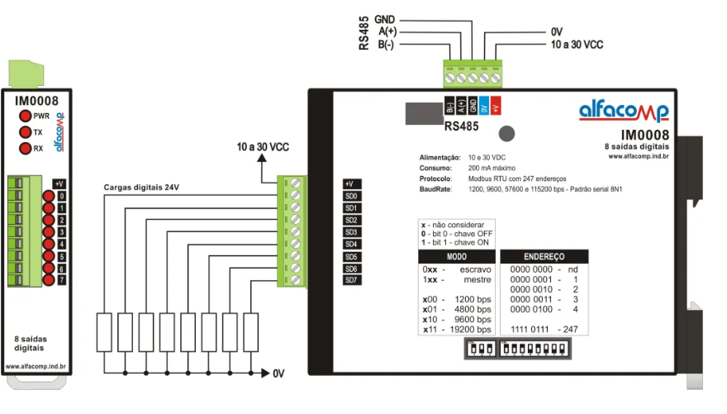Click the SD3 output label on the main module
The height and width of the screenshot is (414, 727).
click(x=351, y=232)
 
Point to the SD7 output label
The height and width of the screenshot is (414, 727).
click(x=351, y=280)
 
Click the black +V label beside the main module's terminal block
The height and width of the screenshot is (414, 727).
click(x=350, y=183)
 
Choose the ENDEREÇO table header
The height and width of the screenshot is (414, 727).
click(x=544, y=257)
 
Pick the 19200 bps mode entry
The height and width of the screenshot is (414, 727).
click(x=468, y=330)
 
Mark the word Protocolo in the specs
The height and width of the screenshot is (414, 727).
click(x=435, y=178)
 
